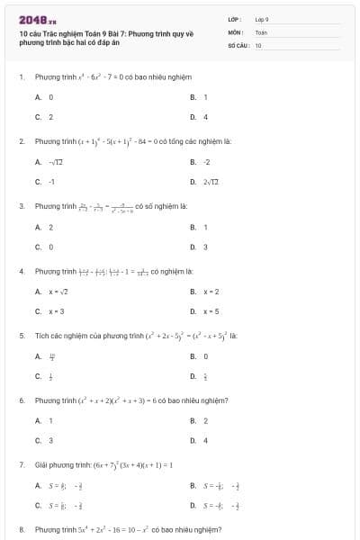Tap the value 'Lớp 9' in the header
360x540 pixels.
(x=262, y=18)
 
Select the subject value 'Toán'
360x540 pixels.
(x=261, y=31)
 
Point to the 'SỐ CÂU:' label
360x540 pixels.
(x=238, y=44)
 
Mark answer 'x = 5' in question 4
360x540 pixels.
(x=212, y=312)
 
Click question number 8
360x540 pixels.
(x=21, y=530)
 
